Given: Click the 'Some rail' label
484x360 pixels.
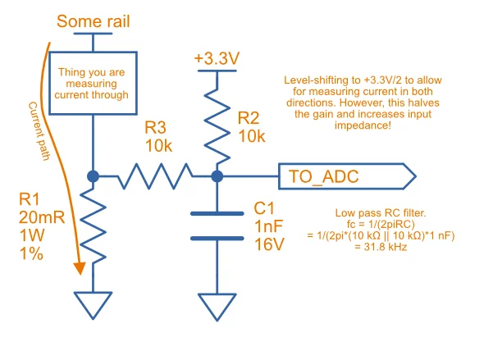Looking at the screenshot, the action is [94, 21].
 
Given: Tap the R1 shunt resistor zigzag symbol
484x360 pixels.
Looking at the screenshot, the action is [93, 226].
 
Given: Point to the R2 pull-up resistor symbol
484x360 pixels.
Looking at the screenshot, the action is [217, 125].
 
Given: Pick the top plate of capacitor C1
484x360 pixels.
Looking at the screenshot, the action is [217, 213].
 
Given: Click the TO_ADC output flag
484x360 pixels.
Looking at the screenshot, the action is [347, 176].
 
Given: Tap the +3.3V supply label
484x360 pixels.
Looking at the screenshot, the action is [217, 58].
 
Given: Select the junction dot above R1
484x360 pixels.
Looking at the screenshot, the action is [93, 176].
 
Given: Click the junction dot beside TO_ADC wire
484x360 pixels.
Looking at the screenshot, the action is [217, 176].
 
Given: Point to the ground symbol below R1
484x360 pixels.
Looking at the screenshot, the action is [93, 305].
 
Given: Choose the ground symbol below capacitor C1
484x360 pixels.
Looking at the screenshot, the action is [217, 308].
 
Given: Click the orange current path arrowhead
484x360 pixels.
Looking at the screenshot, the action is [80, 268].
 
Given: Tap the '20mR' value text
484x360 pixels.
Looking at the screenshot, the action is [42, 217].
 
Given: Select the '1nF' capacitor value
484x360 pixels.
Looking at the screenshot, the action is [269, 226].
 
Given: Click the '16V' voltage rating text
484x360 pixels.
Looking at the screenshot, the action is [269, 244].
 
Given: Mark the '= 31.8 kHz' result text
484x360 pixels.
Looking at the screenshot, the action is [381, 247].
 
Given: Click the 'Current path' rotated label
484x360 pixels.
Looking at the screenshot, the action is [39, 131].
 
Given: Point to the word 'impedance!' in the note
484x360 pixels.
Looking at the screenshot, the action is [363, 125].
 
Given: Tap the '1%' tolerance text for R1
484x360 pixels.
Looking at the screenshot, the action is [31, 254].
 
